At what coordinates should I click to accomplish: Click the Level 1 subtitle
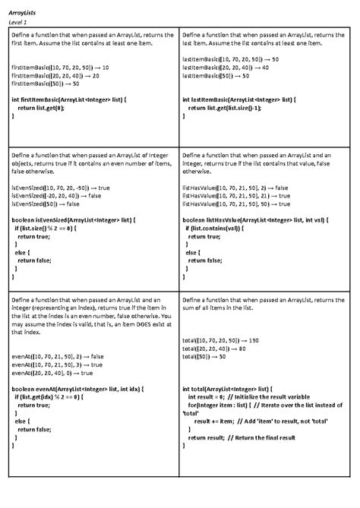coord(18,24)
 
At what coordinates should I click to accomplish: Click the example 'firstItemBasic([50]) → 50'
coord(46,84)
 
